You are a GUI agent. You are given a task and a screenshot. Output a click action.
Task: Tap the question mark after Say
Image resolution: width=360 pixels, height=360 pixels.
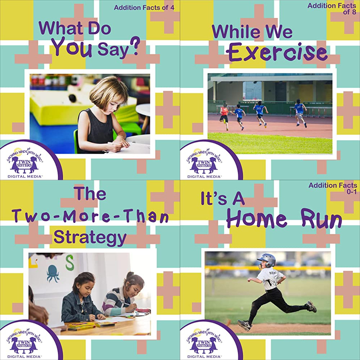click(x=135, y=46)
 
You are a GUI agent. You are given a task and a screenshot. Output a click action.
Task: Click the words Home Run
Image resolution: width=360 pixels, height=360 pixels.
click(x=284, y=218)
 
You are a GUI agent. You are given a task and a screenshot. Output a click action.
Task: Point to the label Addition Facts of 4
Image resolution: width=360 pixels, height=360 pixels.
click(x=144, y=8)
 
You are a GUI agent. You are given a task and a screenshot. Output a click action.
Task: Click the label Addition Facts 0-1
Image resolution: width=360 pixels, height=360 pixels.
click(x=333, y=188)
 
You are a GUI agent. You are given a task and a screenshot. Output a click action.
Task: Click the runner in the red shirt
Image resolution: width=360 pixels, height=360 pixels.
click(x=224, y=116)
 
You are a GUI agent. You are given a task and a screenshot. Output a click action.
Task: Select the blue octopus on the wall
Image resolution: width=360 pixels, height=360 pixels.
click(x=53, y=273)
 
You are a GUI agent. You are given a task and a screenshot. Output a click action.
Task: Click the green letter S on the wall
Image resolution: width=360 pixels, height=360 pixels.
click(x=69, y=263)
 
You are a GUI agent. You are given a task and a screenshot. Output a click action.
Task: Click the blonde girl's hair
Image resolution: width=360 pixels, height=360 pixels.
click(x=108, y=90)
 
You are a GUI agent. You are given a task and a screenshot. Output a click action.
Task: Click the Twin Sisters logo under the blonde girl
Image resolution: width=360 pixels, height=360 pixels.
click(x=25, y=162)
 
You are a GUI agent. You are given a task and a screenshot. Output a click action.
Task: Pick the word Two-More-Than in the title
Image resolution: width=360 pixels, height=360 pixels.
click(x=91, y=216)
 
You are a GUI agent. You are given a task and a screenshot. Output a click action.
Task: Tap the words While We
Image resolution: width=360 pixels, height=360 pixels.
click(x=252, y=31)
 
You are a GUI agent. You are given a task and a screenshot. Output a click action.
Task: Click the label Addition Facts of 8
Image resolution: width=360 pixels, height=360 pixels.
click(x=332, y=9)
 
